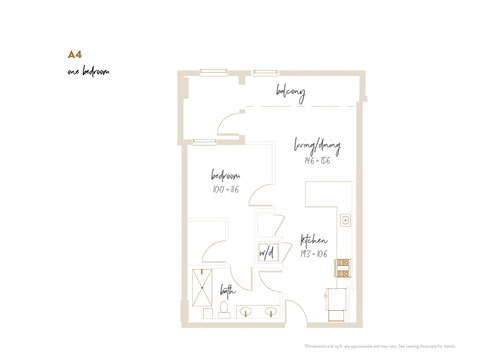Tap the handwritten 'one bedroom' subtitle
(88, 73)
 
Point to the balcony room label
(290, 93)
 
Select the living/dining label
(319, 146)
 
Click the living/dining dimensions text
(314, 160)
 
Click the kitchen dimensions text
(314, 254)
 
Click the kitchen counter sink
(344, 219)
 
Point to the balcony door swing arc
(228, 126)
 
